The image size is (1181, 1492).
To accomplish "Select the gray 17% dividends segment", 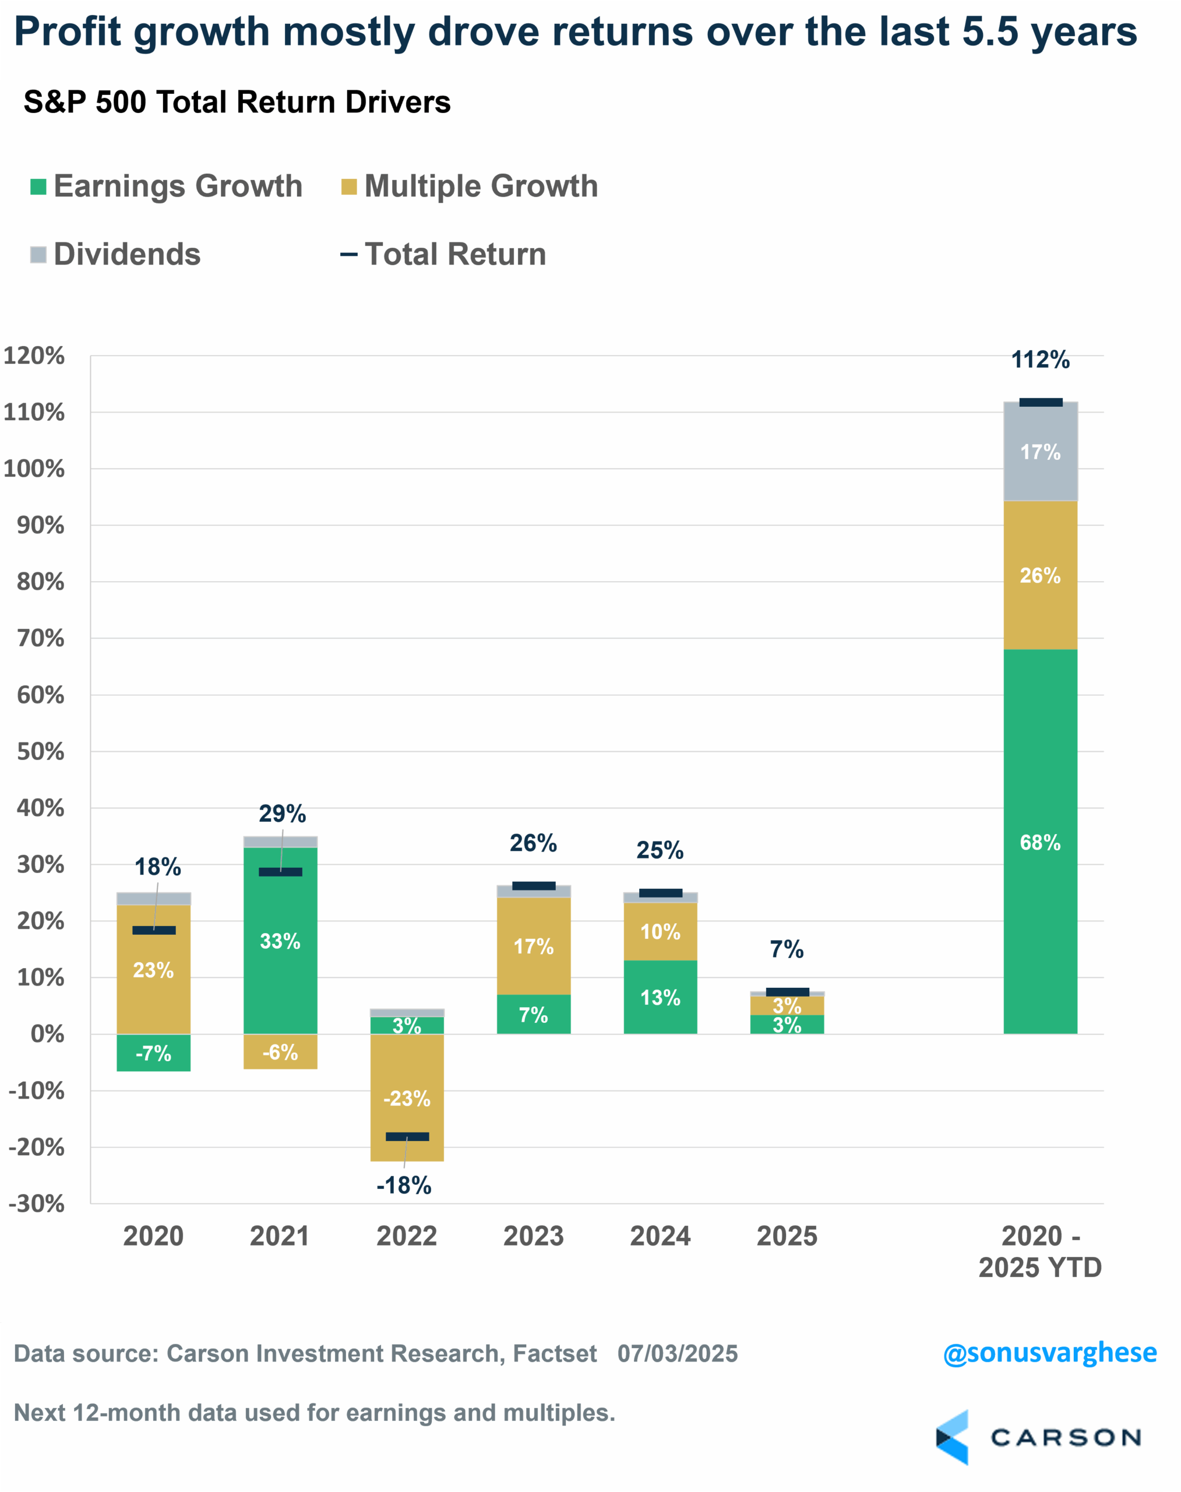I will coord(1040,452).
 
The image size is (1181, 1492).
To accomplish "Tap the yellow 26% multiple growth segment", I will coord(1040,575).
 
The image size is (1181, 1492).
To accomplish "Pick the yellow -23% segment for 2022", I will coord(407,1098).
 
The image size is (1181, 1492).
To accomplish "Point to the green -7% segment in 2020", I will coord(153,1053).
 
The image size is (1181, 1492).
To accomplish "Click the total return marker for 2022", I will coord(407,1136).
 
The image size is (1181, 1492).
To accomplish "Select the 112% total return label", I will coord(1040,360).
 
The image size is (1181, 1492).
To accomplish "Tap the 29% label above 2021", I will coord(282,814).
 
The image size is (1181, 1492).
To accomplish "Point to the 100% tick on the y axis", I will coord(34,469).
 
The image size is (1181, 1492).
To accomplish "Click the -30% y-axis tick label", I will coord(36,1204).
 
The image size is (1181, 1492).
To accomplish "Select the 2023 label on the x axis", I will coord(533,1236).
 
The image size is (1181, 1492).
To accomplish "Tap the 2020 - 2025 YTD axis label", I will coord(1040,1251).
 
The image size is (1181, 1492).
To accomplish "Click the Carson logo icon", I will coord(952,1437).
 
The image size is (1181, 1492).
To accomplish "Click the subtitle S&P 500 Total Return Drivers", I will coord(237,103).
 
